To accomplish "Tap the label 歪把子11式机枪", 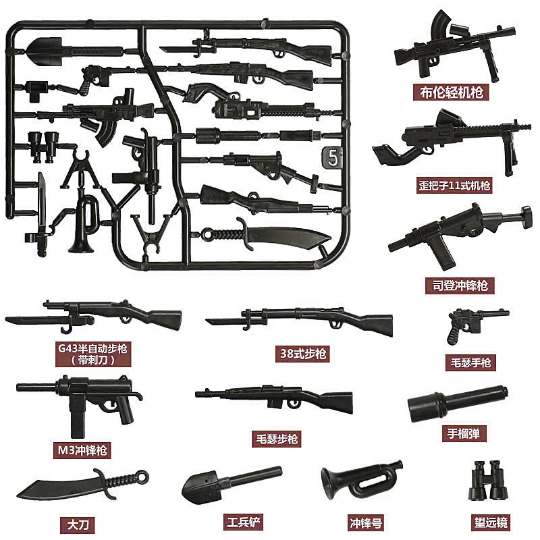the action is tap(454, 184).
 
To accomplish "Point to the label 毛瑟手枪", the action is tap(470, 362).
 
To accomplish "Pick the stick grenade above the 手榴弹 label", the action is tap(457, 403).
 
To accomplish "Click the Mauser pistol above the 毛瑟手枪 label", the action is tap(470, 323).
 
